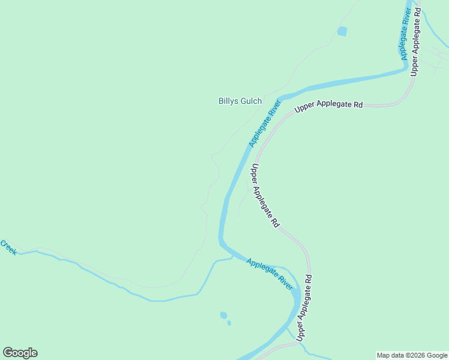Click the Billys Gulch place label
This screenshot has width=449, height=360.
point(240,101)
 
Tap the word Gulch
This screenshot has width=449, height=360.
point(251,101)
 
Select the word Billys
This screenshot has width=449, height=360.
point(228,101)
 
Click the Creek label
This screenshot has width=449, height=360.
point(8,247)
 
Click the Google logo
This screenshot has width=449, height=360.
point(20,353)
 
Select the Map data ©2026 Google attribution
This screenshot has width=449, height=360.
point(412,355)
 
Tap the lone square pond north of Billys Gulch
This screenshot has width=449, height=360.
point(342,31)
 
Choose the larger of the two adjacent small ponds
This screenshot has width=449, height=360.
point(223,315)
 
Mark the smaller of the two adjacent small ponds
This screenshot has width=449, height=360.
point(229,323)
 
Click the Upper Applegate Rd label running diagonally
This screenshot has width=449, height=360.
point(265,196)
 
